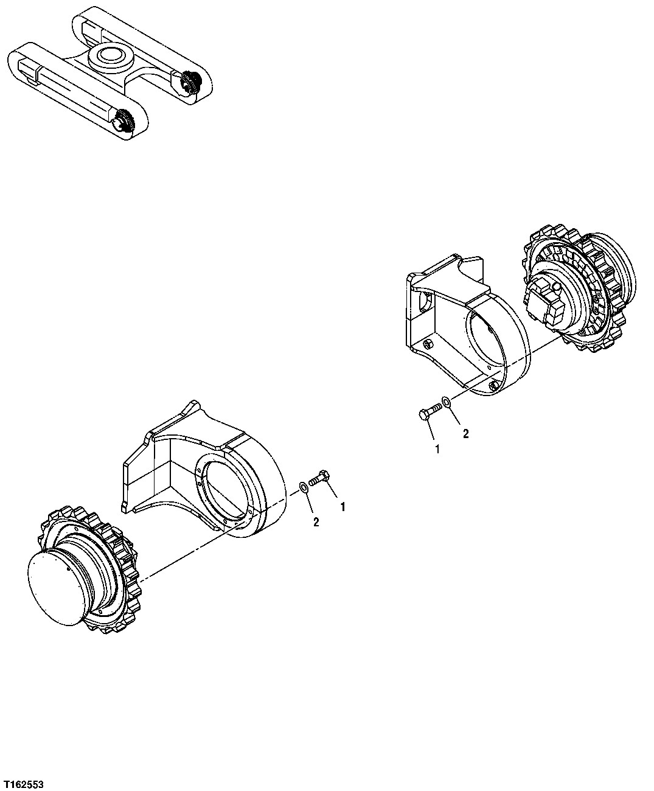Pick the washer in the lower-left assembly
click(302, 487)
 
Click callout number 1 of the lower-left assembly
click(343, 506)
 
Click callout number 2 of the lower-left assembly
click(316, 521)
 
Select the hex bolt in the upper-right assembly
click(428, 413)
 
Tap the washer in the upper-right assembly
click(446, 402)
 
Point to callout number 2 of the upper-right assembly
click(465, 434)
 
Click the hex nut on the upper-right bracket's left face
click(426, 344)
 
